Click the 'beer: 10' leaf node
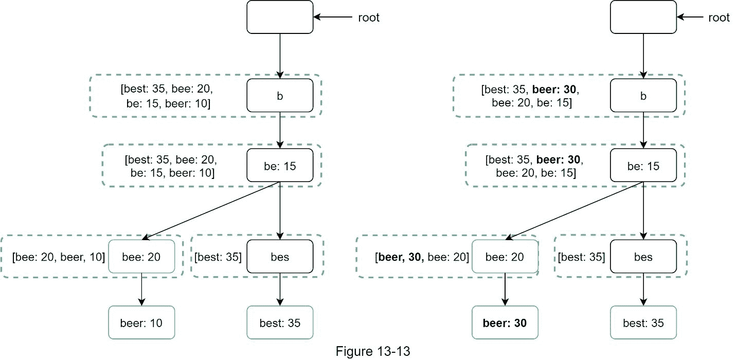141,322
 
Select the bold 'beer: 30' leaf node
505,322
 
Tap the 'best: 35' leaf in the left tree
280,322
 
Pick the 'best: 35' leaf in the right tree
643,322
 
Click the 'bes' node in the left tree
280,256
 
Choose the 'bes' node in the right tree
643,256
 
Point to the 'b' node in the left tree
280,95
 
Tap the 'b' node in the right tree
643,95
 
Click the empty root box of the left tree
280,17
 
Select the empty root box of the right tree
643,17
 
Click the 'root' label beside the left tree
369,17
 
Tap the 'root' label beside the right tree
719,17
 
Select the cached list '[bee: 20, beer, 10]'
59,256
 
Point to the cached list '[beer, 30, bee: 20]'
422,256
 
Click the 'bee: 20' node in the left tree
141,256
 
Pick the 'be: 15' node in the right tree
643,166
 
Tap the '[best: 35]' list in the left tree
218,256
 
